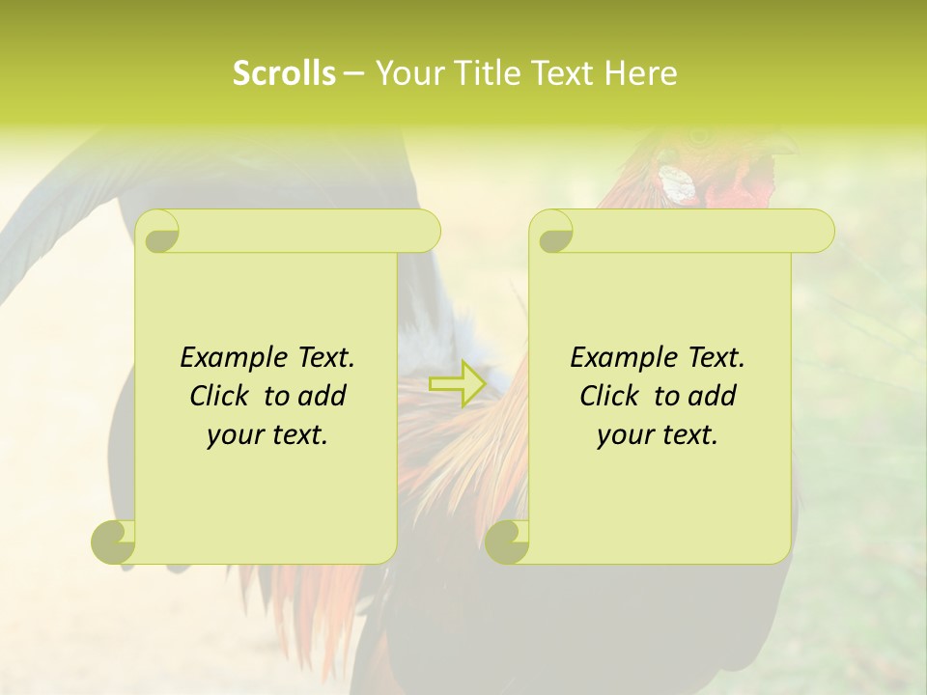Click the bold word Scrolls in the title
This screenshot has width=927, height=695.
pyautogui.click(x=285, y=73)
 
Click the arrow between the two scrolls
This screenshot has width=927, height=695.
pyautogui.click(x=458, y=384)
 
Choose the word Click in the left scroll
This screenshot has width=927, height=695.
pyautogui.click(x=221, y=396)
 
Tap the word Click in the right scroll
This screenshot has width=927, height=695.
pyautogui.click(x=611, y=396)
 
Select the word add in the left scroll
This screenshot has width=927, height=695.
pyautogui.click(x=323, y=396)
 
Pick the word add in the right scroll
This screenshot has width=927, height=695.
pyautogui.click(x=713, y=396)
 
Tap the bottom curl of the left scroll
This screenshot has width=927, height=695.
pyautogui.click(x=114, y=542)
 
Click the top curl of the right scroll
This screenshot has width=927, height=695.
pyautogui.click(x=553, y=233)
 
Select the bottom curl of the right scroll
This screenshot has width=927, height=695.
pyautogui.click(x=507, y=542)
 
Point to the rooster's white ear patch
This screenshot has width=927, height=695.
pyautogui.click(x=677, y=184)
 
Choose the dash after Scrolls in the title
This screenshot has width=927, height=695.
pyautogui.click(x=353, y=74)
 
